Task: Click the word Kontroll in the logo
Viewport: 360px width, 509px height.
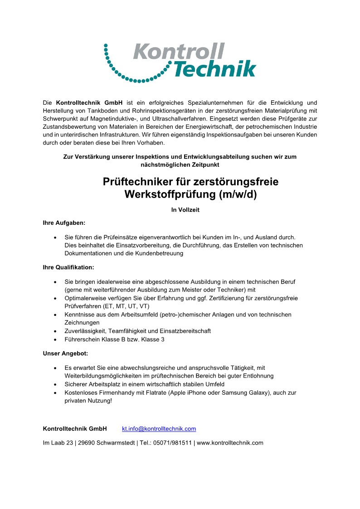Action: pyautogui.click(x=179, y=51)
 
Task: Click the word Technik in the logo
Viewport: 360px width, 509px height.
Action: pyautogui.click(x=214, y=68)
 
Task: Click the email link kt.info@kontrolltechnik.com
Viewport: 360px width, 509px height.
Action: pyautogui.click(x=159, y=428)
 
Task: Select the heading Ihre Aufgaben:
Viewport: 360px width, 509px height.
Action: pyautogui.click(x=64, y=223)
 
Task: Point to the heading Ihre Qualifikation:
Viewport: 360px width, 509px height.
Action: pyautogui.click(x=68, y=267)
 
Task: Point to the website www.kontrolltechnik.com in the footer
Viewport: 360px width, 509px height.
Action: pyautogui.click(x=230, y=443)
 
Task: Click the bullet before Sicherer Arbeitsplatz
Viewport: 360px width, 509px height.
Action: pyautogui.click(x=55, y=384)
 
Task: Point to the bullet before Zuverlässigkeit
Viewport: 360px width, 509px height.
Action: pyautogui.click(x=55, y=331)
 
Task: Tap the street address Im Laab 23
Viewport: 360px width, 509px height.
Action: pyautogui.click(x=58, y=443)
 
